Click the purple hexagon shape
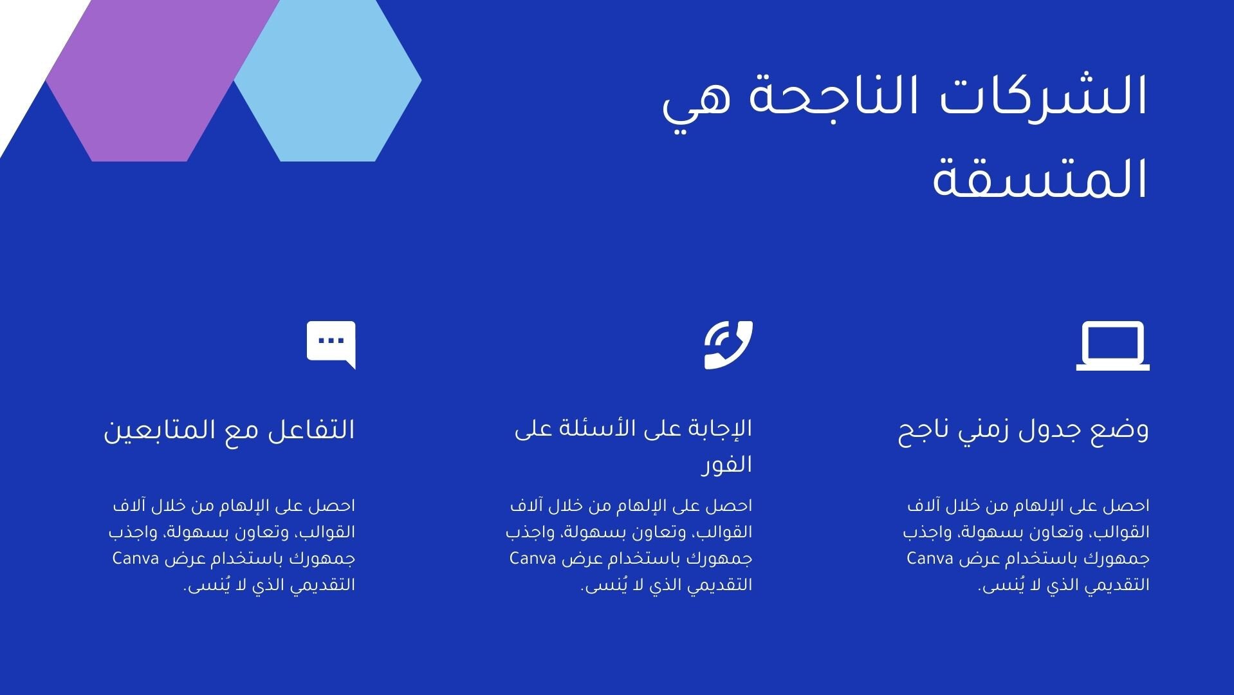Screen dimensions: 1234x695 [161, 80]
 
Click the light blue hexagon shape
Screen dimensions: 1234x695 [327, 80]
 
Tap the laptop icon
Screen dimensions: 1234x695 [1113, 346]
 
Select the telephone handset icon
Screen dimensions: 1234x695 [728, 345]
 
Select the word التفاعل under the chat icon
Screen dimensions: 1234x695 [315, 430]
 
